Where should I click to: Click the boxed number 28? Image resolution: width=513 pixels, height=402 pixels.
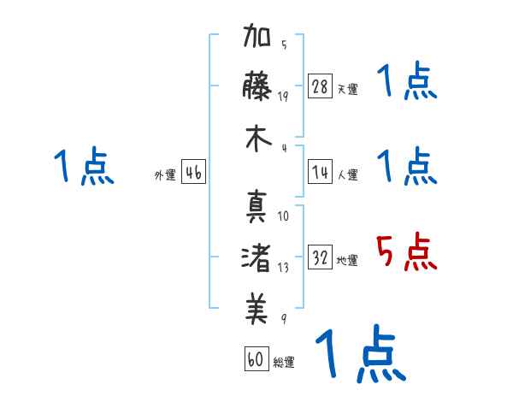coord(321,86)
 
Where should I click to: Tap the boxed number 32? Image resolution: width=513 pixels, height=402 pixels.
coord(321,257)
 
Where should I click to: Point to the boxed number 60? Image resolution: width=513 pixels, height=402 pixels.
coord(256,359)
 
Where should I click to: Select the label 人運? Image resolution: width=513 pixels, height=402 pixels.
coord(347,174)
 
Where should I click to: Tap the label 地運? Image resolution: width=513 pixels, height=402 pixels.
coord(347,261)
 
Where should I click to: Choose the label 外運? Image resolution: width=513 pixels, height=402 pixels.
coord(165,174)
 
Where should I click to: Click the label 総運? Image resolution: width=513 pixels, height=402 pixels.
coord(284,363)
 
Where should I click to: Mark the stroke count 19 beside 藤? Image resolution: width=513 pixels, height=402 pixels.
coord(283,96)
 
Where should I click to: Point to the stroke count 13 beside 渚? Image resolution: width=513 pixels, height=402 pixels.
coord(283,267)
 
